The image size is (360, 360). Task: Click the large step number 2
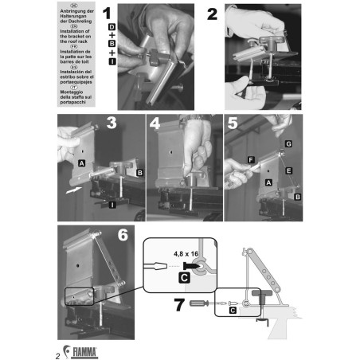click(x=213, y=16)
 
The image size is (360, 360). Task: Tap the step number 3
click(x=112, y=123)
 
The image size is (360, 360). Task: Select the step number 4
click(x=155, y=123)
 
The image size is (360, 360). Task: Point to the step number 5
click(x=233, y=123)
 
